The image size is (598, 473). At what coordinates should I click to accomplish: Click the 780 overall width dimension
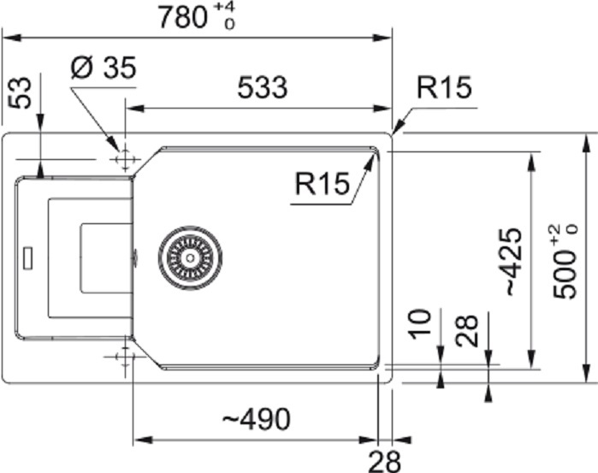(x=183, y=18)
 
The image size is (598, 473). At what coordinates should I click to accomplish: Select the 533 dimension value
(x=263, y=87)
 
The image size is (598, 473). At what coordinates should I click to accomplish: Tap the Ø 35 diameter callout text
(x=104, y=68)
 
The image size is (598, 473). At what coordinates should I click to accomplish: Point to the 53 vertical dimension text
(x=20, y=92)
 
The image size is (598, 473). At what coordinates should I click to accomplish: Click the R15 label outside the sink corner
(x=444, y=87)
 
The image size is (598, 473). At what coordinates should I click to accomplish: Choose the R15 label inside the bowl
(x=323, y=184)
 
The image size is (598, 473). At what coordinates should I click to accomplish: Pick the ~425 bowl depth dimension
(x=513, y=262)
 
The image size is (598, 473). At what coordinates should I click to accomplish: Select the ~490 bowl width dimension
(x=257, y=419)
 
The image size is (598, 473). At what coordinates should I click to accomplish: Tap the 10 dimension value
(x=419, y=324)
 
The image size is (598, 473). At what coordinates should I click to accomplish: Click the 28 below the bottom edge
(x=384, y=461)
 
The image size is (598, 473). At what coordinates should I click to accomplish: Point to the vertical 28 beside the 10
(x=467, y=330)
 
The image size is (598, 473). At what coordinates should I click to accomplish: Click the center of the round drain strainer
(x=190, y=257)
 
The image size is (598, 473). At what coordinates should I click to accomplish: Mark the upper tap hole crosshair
(x=125, y=159)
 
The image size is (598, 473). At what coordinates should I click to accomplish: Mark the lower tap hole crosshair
(x=124, y=357)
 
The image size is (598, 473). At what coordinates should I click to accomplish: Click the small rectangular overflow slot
(x=28, y=258)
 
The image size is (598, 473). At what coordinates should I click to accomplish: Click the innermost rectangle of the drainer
(x=107, y=258)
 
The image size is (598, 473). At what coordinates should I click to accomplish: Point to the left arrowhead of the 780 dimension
(x=10, y=38)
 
